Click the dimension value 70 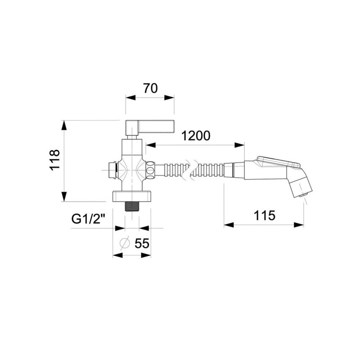coord(150,88)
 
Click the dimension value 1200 coord(196,136)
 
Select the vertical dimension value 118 coord(55,160)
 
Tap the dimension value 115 coord(264,216)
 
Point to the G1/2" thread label coord(88,219)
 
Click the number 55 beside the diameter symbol coord(142,243)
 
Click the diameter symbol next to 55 coord(125,243)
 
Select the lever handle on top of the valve coord(150,127)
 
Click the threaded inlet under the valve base coord(132,206)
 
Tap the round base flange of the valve coord(131,196)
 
